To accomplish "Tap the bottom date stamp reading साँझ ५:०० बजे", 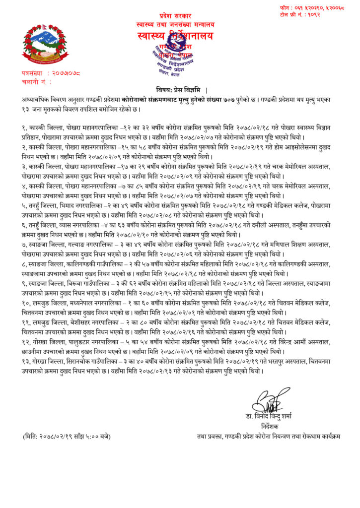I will click(67, 437).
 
